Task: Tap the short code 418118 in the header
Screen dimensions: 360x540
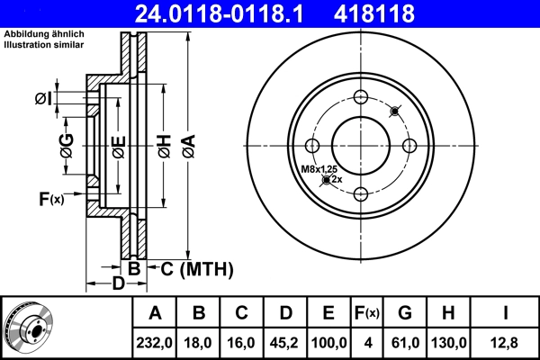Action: (x=402, y=13)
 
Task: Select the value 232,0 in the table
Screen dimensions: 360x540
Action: (x=156, y=343)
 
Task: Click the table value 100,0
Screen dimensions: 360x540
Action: (x=328, y=343)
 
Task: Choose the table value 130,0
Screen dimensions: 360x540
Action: (x=448, y=343)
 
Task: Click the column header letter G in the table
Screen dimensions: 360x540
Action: (x=406, y=314)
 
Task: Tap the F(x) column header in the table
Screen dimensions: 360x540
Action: (x=367, y=314)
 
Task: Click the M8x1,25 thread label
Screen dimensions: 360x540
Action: (x=319, y=169)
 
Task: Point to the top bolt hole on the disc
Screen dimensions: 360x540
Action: (x=361, y=98)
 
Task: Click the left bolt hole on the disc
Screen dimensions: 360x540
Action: (x=313, y=146)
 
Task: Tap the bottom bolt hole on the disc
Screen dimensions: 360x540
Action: (x=361, y=193)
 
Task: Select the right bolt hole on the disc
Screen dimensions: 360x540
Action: (x=409, y=146)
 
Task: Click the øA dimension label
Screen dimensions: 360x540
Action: (x=186, y=143)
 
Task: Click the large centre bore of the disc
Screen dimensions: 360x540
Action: (x=361, y=146)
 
